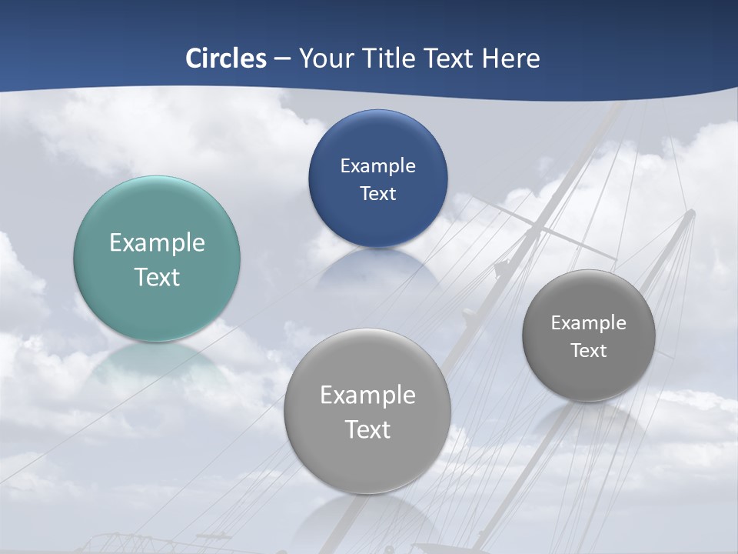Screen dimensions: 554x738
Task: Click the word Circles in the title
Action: point(226,58)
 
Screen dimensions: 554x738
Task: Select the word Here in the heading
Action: point(511,58)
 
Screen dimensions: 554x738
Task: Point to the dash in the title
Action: point(282,59)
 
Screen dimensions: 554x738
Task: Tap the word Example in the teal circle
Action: point(157,243)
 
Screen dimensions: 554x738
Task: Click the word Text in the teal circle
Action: point(157,277)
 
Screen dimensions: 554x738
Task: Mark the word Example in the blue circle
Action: point(377,165)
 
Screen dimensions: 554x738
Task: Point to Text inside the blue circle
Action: point(377,193)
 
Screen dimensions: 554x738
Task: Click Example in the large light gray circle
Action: point(367,395)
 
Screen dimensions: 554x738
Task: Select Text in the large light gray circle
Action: point(367,429)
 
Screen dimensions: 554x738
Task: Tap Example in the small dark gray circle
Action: point(589,323)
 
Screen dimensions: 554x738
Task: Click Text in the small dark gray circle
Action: point(589,351)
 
